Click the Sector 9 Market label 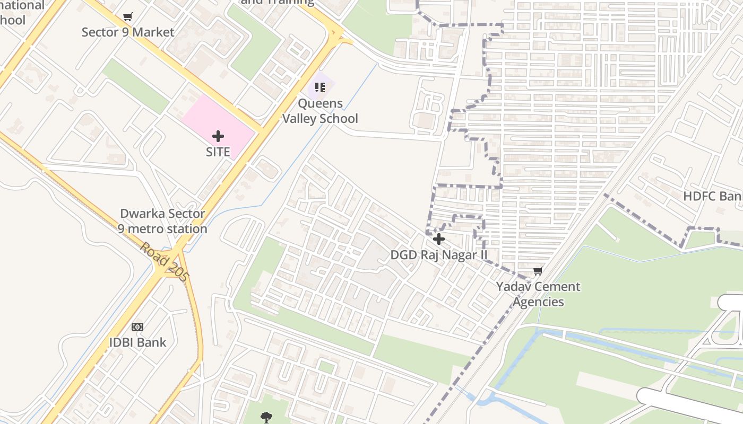[128, 32]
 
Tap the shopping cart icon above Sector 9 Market [127, 17]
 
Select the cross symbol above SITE [218, 137]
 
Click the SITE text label [218, 152]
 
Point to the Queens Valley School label [320, 111]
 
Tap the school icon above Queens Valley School [319, 87]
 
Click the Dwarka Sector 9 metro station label [162, 222]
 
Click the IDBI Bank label [137, 342]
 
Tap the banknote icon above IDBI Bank [137, 327]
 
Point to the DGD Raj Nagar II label [439, 255]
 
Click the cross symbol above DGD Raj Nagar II [439, 240]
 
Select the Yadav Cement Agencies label [538, 294]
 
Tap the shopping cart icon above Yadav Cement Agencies [538, 271]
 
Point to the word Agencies [538, 302]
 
